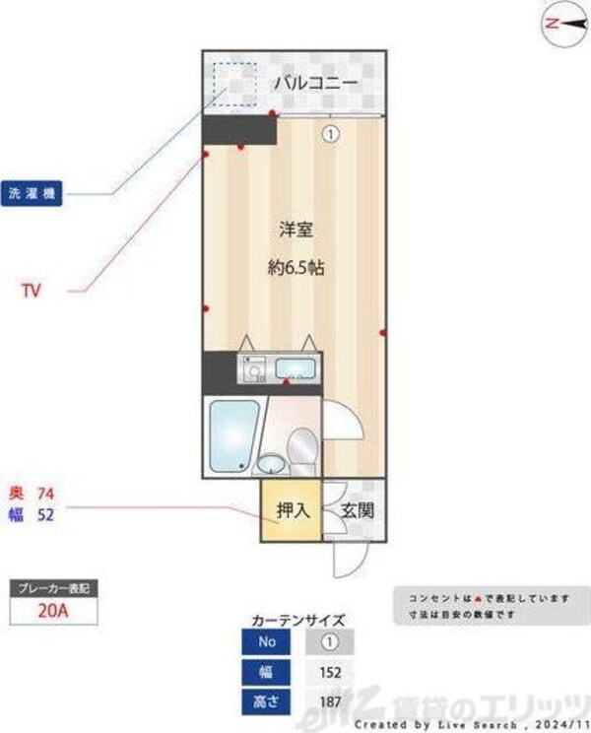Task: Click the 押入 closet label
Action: click(x=292, y=510)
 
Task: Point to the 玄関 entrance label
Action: click(x=357, y=510)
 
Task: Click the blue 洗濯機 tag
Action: click(x=32, y=194)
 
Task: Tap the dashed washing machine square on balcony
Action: click(x=234, y=84)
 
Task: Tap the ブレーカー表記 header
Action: click(x=53, y=587)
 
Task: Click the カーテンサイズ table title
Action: click(x=298, y=621)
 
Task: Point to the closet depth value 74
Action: click(x=44, y=493)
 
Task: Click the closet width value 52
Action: click(x=44, y=513)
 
